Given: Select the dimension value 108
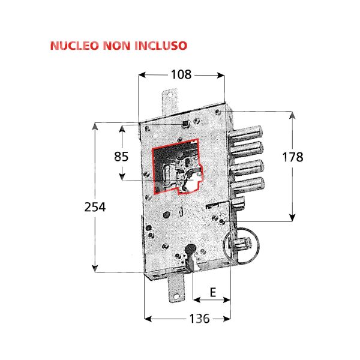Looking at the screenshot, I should [181, 75].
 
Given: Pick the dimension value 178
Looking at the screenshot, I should [292, 157].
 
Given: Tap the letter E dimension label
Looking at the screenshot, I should [212, 294].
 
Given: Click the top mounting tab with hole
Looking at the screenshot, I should [171, 98].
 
